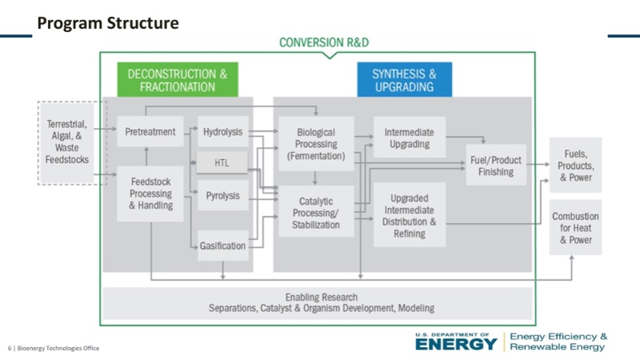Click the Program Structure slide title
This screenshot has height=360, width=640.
pos(108,24)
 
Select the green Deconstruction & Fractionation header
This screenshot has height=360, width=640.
pos(178,80)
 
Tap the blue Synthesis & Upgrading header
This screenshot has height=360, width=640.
pos(404,80)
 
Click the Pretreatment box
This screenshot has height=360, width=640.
pos(150,132)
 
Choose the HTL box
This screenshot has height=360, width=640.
pos(222,163)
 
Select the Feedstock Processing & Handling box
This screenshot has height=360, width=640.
pos(150,194)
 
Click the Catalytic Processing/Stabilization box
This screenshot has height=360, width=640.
pos(317,213)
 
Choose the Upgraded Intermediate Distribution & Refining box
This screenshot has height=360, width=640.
pos(408,214)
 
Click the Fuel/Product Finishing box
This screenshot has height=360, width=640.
pos(495,165)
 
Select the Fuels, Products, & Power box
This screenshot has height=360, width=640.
pos(575,165)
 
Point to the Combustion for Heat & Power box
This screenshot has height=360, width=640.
pos(575,228)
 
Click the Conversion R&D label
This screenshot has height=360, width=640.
pos(324,42)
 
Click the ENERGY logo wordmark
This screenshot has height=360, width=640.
pos(456,344)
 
